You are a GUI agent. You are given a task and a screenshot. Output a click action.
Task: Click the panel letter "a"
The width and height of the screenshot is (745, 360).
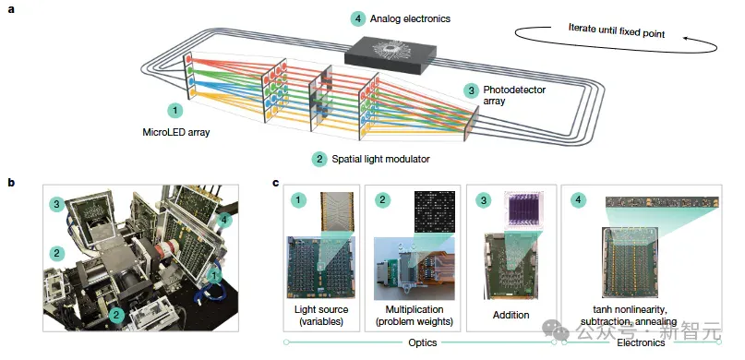click(11, 9)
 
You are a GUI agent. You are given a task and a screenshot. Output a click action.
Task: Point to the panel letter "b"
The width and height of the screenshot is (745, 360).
click(11, 183)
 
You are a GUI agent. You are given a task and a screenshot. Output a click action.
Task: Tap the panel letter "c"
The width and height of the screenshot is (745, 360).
click(276, 183)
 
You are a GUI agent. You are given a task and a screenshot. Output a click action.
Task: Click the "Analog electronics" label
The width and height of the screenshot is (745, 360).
click(410, 19)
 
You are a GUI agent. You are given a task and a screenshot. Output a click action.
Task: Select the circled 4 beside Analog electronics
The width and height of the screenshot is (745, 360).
click(358, 19)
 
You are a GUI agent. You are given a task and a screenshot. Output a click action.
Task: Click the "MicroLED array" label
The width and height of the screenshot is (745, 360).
click(175, 133)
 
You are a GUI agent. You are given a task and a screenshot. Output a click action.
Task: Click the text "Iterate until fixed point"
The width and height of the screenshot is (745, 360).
click(617, 30)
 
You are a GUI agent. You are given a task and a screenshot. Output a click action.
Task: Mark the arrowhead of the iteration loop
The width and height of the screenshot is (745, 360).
click(686, 39)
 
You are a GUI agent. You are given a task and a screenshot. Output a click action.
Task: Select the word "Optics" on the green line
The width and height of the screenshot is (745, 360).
click(423, 342)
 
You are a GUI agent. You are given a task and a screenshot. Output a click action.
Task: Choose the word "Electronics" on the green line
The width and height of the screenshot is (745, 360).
click(641, 342)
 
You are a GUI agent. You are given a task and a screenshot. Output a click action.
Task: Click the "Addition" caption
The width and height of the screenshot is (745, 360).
click(511, 315)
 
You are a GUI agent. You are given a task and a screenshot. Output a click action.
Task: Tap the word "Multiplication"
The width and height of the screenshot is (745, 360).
click(412, 309)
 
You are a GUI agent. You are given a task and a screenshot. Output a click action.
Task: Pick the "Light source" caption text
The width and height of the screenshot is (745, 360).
click(321, 309)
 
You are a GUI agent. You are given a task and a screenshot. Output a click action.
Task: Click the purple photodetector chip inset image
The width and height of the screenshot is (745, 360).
click(523, 208)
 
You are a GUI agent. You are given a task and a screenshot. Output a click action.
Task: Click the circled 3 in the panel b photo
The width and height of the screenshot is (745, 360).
click(56, 205)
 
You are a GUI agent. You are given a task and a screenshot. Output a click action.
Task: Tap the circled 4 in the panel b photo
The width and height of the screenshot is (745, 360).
click(225, 220)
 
